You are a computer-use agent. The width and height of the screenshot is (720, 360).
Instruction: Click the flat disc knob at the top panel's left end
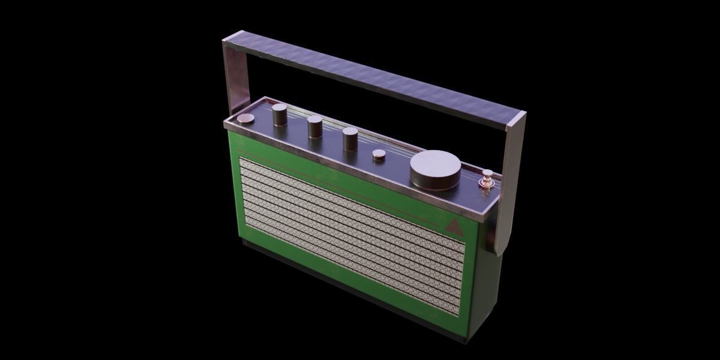click(x=245, y=119)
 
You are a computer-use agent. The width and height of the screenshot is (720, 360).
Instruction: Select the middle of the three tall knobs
click(x=315, y=127)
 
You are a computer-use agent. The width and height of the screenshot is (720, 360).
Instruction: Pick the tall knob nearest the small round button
click(x=350, y=139)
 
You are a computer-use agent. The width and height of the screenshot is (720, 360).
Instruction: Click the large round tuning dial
click(x=436, y=170)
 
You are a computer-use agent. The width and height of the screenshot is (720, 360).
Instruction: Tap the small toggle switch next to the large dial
click(x=487, y=178)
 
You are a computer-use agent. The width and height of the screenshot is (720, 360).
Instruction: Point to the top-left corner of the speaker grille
click(x=241, y=158)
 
